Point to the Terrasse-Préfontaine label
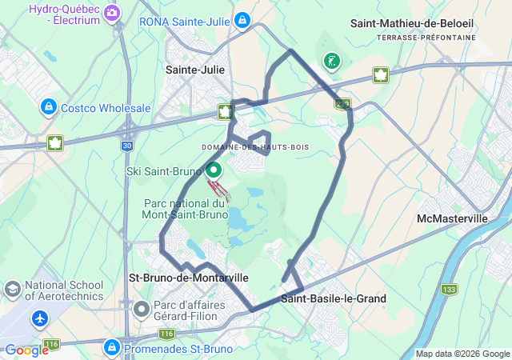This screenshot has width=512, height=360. point(426,38)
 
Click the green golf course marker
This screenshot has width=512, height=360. point(330,62)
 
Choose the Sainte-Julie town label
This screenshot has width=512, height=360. point(195,70)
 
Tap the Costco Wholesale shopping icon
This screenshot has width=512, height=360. point(49,107)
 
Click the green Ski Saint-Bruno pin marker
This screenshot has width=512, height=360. point(214,170)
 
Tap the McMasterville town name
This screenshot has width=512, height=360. point(452,218)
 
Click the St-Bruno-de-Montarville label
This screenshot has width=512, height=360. point(188,277)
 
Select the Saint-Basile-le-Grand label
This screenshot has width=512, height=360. point(334,298)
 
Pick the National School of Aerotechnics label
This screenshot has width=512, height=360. point(64,290)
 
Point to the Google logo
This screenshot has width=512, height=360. point(26,350)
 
